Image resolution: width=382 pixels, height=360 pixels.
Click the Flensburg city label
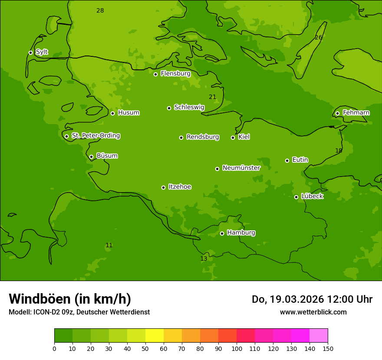coord(175,74)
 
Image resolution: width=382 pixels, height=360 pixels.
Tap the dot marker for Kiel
coord(233,137)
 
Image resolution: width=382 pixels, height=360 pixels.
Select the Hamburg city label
coord(241,233)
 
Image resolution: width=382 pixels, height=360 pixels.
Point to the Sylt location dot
coord(30,52)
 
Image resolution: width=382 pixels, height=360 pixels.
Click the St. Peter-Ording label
coord(95,136)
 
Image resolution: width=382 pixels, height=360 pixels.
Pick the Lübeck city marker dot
coord(296,197)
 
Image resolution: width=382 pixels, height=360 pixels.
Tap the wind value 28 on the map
coord(100,10)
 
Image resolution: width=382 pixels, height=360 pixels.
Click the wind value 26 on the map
coord(318,38)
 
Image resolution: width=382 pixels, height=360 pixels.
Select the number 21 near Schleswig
coord(212,97)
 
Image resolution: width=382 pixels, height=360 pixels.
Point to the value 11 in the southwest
coord(109,245)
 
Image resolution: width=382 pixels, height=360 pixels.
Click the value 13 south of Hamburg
coord(204,259)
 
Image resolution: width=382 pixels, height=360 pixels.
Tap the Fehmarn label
coord(356,113)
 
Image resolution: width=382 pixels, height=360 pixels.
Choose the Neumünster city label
coord(241,168)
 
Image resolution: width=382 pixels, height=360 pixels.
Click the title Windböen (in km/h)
coord(70,299)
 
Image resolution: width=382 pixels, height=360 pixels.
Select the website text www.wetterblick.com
coord(313,312)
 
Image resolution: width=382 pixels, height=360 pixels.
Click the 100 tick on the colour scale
coord(237,348)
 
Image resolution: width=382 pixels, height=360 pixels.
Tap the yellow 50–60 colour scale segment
coord(155,336)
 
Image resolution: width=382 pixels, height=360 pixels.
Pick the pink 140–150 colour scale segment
coord(319,336)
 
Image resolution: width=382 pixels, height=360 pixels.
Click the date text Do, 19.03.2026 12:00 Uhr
coord(312,299)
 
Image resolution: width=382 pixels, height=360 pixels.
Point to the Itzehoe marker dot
coord(163,187)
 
